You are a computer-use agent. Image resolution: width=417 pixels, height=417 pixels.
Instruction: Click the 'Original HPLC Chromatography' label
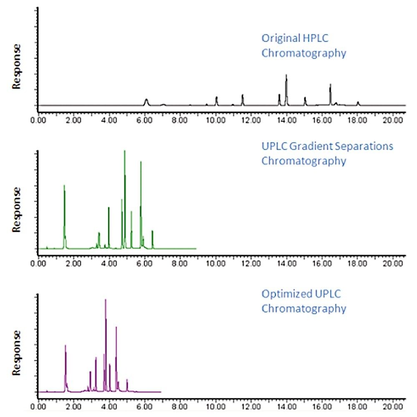click(303, 46)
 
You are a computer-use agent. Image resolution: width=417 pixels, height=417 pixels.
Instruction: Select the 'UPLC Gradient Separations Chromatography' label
click(327, 153)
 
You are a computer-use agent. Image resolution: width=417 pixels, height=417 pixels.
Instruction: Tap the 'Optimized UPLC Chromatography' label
click(303, 301)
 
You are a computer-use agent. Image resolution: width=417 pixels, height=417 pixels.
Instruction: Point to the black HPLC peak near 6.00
click(146, 102)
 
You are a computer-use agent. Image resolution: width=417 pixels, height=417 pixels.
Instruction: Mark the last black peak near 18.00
click(358, 103)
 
